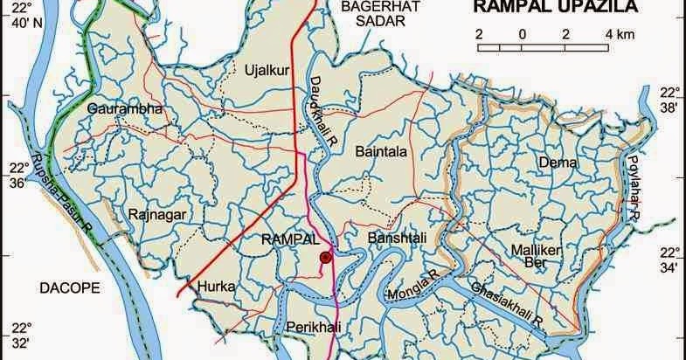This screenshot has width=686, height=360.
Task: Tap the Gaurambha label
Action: pos(125,108)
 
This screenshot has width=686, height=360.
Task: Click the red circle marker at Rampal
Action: pos(325,257)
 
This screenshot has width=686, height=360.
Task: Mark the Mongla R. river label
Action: pos(413,287)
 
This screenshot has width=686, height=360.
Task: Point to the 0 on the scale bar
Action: pos(522,34)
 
